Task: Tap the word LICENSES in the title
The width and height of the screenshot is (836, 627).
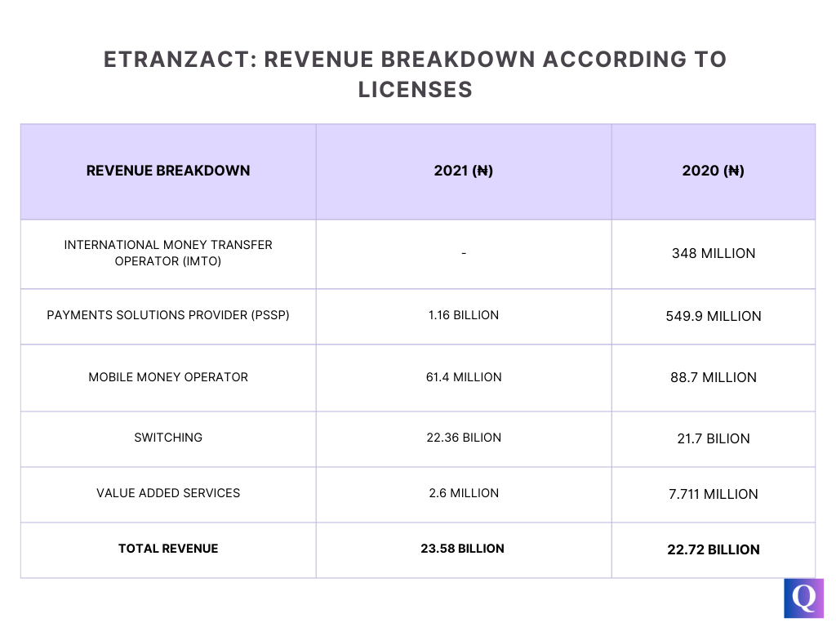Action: coord(416,90)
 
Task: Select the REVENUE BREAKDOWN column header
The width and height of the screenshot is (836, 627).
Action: coord(168,171)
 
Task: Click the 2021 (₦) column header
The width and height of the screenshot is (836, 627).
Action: coord(463,171)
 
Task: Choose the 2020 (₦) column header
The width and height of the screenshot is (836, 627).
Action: coord(713,171)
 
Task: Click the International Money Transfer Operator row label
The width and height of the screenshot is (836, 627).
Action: coord(168,253)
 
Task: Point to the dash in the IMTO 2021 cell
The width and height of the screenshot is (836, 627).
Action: coord(463,254)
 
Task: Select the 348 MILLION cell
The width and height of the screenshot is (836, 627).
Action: coord(713,253)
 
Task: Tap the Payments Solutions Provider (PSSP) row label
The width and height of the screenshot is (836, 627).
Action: coord(168,315)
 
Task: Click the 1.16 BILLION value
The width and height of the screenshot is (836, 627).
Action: coord(463,315)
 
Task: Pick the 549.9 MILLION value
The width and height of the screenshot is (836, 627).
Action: coord(713,316)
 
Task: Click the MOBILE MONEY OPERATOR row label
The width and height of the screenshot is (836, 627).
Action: coord(168,377)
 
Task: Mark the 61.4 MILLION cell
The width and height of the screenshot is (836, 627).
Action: coord(463,377)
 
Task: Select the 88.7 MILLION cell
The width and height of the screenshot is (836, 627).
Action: coord(713,377)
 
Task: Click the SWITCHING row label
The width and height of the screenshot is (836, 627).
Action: coord(168,438)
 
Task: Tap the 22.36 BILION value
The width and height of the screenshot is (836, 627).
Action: coord(463,438)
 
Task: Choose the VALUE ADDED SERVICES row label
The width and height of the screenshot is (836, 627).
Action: coord(168,493)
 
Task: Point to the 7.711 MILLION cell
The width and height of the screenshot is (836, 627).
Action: coord(713,494)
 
